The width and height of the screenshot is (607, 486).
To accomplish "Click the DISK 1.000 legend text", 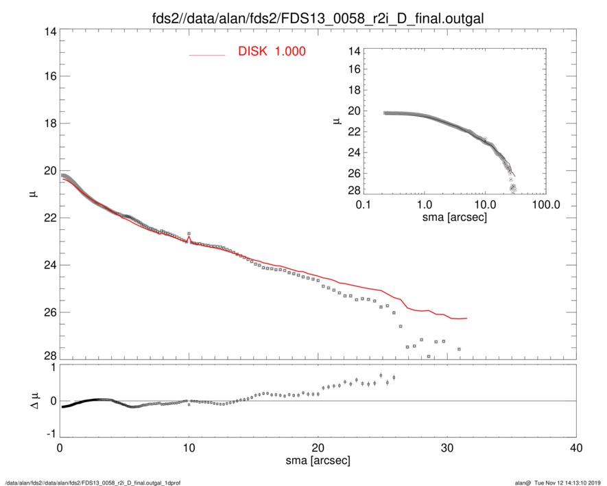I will (272, 51).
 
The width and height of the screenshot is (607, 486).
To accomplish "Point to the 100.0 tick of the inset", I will (546, 205).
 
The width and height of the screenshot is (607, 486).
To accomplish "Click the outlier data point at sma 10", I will (189, 234).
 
